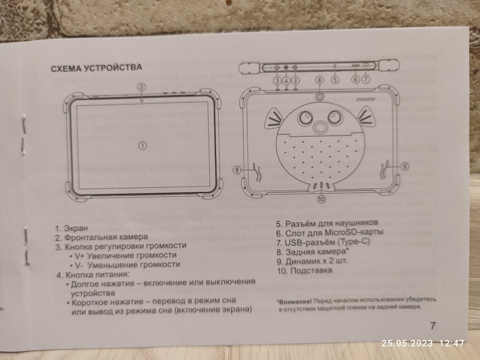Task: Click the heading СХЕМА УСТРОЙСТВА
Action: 96,67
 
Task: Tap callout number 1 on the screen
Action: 142,145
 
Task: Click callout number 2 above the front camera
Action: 142,87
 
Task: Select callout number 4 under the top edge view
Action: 286,80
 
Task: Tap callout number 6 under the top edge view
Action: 355,78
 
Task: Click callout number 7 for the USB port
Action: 365,78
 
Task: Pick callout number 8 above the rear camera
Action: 319,80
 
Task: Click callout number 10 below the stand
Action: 321,198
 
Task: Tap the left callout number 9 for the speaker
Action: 239,170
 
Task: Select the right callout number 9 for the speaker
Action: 404,165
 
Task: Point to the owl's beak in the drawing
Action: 318,127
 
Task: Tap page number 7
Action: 432,325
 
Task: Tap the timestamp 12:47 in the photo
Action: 452,343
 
